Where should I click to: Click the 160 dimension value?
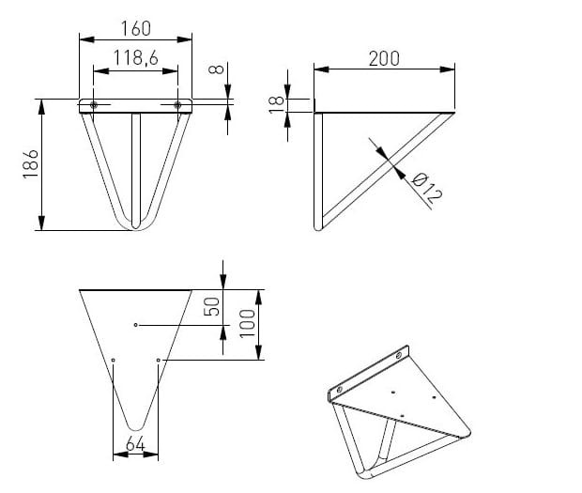(136, 29)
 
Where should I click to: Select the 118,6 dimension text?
(136, 58)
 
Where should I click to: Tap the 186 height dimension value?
(30, 164)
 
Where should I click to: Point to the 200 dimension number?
(384, 59)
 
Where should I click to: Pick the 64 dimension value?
(135, 444)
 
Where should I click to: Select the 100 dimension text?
(248, 324)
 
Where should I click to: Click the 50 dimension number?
(212, 307)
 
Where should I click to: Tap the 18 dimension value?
(276, 104)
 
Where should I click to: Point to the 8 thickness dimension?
(217, 69)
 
